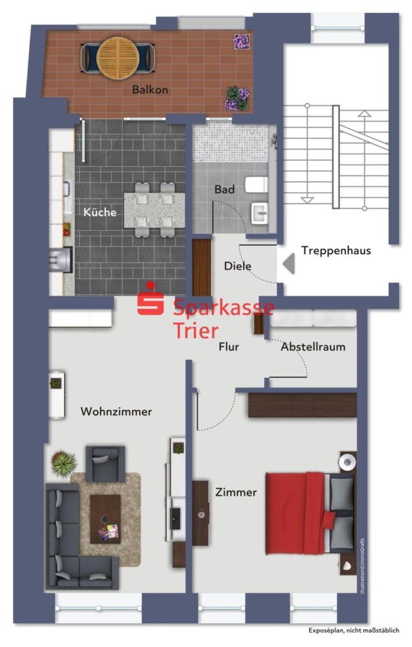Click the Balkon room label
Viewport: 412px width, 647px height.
tap(150, 90)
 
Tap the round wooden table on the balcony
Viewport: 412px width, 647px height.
tap(117, 56)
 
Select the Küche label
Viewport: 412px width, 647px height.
tap(100, 212)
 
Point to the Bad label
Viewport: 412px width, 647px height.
tap(224, 190)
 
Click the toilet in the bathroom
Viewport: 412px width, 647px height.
tap(258, 185)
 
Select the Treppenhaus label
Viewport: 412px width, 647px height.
tap(336, 250)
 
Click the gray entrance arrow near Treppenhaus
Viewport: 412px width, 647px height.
tap(288, 263)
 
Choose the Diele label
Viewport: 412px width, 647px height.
tap(237, 266)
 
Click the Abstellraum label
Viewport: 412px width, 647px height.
tap(312, 347)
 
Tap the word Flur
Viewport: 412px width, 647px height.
tap(228, 347)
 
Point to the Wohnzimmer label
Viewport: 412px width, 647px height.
tap(116, 411)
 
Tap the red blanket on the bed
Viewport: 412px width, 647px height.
tap(296, 513)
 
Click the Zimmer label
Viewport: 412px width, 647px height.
tap(235, 492)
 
